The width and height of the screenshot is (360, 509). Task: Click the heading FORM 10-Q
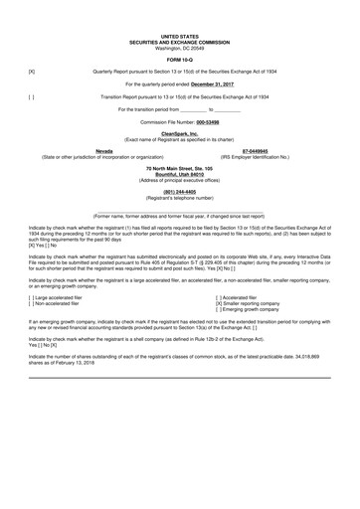tap(180, 56)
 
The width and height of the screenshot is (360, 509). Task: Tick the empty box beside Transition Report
tap(32, 96)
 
